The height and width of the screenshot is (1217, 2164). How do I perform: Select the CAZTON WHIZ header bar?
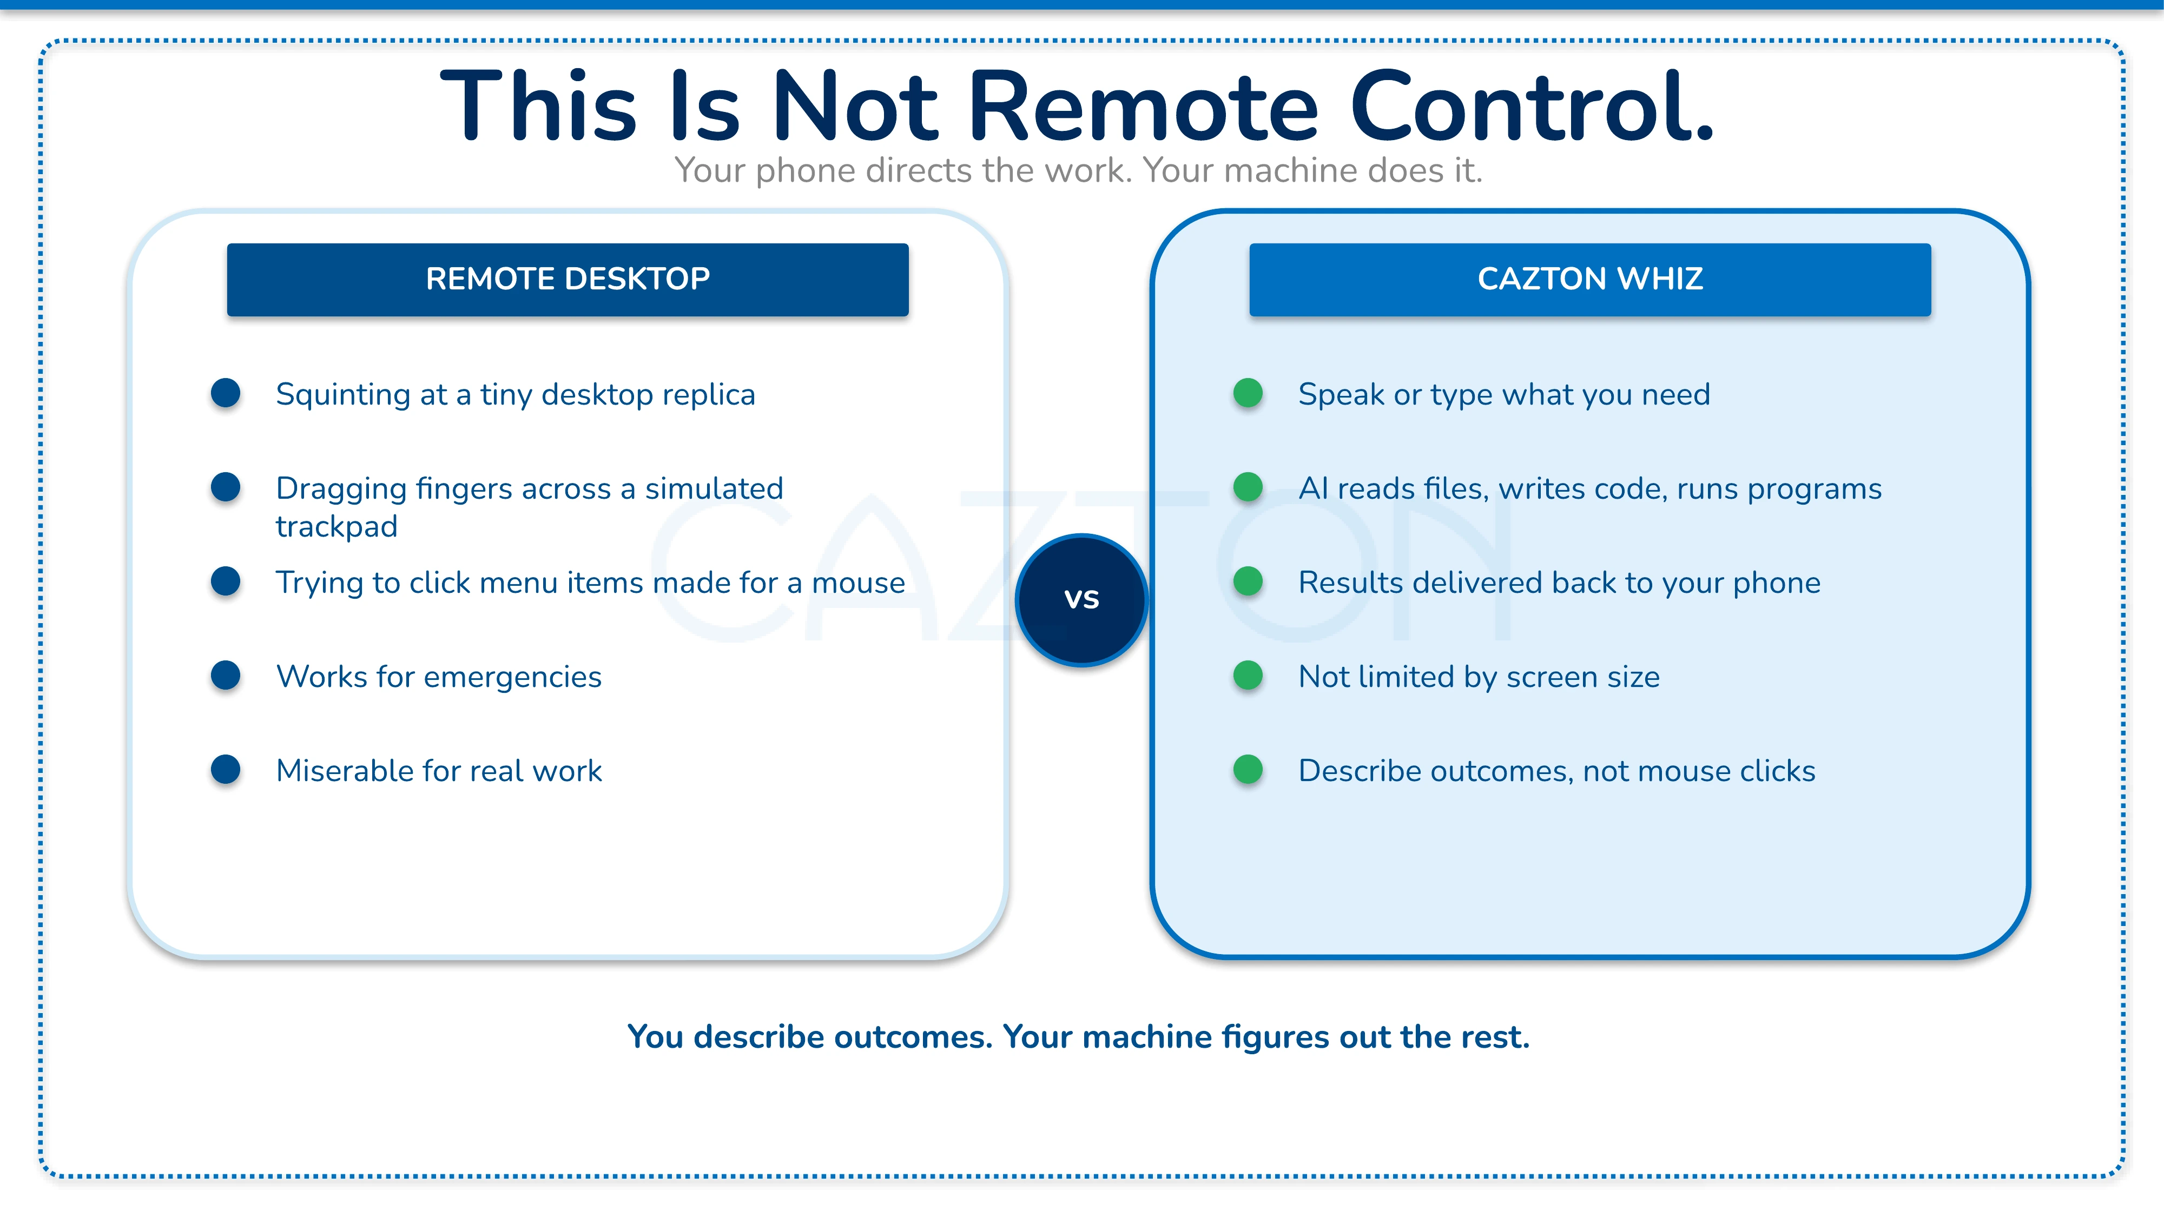(1589, 280)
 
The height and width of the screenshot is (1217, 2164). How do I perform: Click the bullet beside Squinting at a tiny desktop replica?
(225, 393)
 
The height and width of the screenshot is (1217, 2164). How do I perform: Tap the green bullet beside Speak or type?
(1248, 393)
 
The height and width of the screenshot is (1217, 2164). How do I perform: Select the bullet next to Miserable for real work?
(225, 769)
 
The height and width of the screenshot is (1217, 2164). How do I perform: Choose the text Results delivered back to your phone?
(1559, 583)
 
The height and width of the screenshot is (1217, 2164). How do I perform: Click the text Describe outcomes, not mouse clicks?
(1556, 771)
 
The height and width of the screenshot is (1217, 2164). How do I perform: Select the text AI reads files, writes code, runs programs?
(1589, 489)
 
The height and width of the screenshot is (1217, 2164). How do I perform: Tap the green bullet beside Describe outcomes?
(1248, 769)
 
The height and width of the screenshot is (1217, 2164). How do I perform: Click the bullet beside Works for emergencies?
(225, 675)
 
